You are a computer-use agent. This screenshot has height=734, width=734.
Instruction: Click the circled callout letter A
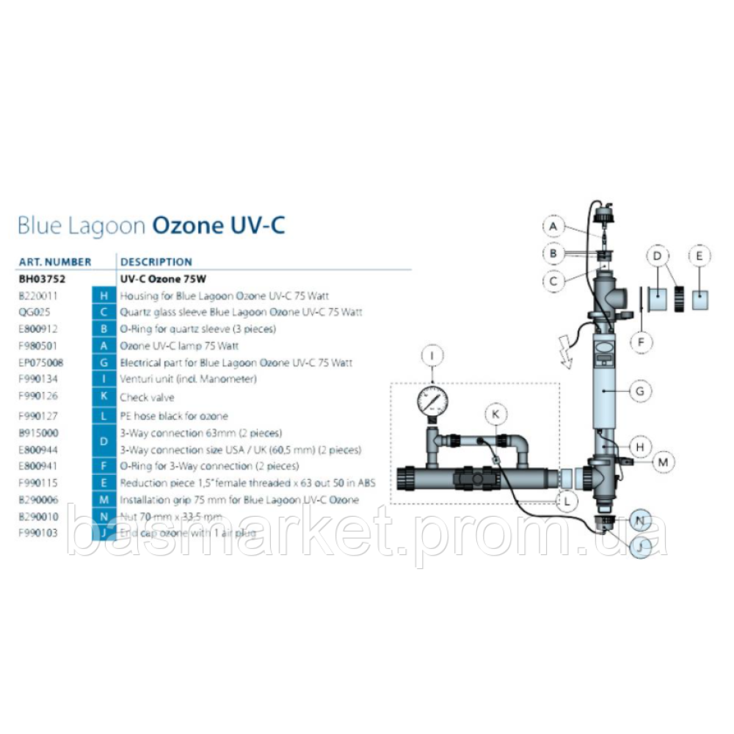(x=554, y=227)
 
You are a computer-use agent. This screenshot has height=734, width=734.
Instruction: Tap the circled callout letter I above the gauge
(x=432, y=357)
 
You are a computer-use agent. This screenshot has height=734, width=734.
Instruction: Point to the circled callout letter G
(x=640, y=391)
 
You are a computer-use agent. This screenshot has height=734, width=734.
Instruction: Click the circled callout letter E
(x=700, y=256)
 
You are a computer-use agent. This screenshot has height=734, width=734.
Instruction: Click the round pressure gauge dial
(x=432, y=401)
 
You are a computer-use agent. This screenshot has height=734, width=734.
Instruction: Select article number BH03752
(x=41, y=279)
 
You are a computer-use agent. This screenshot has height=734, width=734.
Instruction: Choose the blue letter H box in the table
(x=104, y=296)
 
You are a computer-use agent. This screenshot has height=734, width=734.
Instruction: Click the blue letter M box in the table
(x=104, y=500)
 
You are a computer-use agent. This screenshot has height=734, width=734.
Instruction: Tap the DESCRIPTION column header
(x=156, y=261)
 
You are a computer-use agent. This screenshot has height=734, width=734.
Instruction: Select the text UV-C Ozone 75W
(x=162, y=279)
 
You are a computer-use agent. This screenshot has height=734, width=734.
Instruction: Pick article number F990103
(x=37, y=533)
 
